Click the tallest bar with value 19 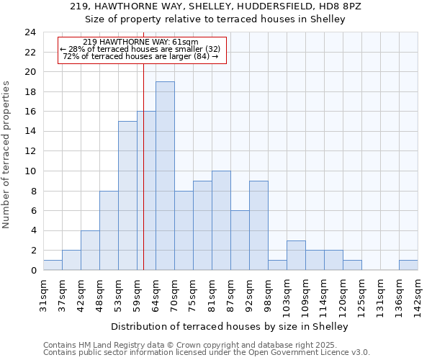[165, 176]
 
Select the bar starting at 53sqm [127, 195]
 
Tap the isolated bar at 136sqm [408, 265]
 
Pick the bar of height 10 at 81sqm [221, 220]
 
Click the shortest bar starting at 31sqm [53, 265]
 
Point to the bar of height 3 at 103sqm [296, 255]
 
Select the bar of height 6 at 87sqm [240, 240]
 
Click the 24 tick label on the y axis [30, 32]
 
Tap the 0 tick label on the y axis [32, 271]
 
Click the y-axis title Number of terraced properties [6, 155]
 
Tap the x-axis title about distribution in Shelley [230, 326]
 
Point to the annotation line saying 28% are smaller [140, 49]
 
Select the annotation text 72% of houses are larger [140, 56]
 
